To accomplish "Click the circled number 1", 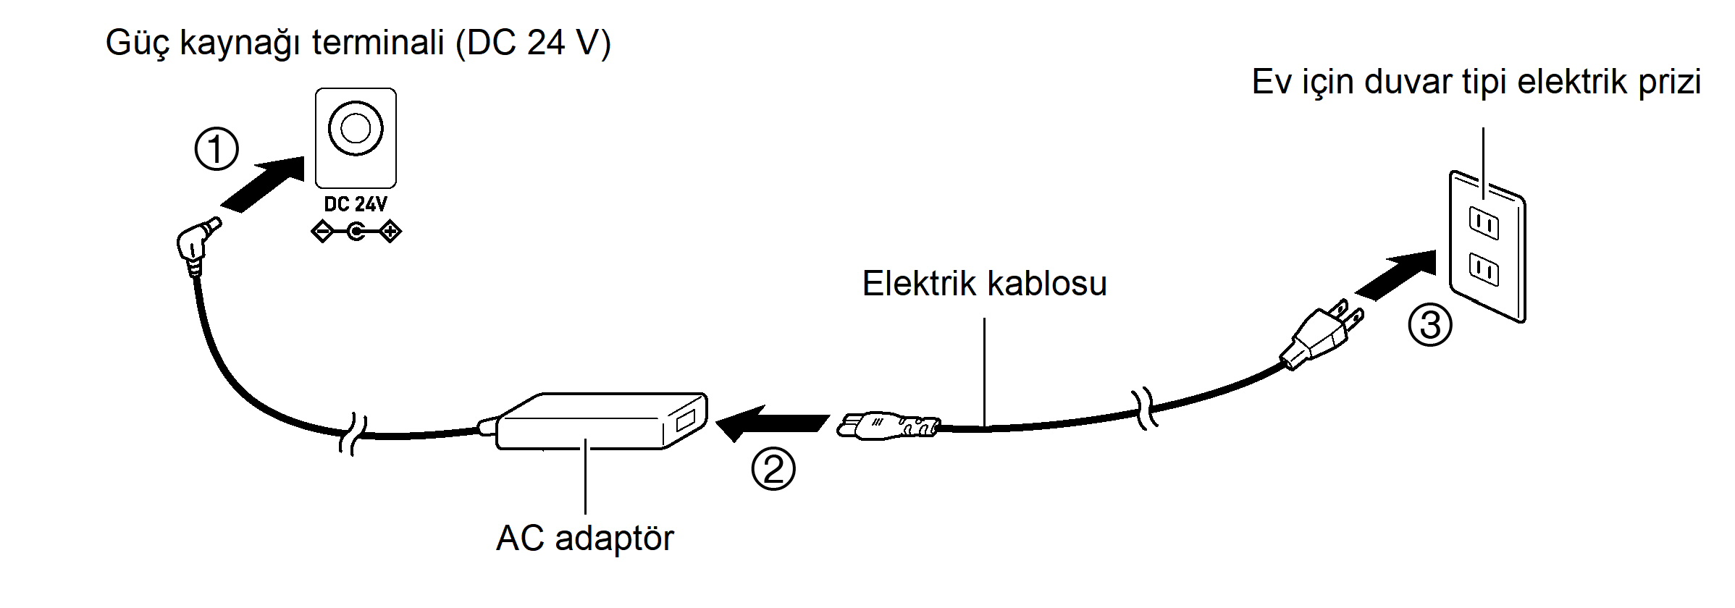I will [217, 149].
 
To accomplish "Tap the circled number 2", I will [773, 469].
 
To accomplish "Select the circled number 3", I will [1429, 325].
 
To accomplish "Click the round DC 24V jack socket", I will [355, 129].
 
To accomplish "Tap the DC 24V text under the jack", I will [355, 205].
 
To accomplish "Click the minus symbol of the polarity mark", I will [322, 232].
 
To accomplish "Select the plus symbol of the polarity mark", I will [390, 232].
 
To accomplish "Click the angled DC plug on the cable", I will [196, 243].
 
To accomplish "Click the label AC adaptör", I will [584, 539].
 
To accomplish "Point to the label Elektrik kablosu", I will [984, 283].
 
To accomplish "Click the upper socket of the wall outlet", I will [1483, 224].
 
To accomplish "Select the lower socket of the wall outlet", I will [1483, 269].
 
